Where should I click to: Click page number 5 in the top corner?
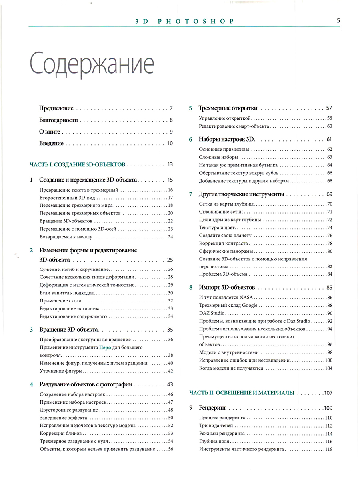point(338,21)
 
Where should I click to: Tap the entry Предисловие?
point(56,108)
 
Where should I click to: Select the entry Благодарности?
point(58,120)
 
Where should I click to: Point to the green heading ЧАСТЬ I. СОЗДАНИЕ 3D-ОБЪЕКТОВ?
point(78,164)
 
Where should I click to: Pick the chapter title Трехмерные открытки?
point(228,108)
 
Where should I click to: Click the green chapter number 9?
point(191,408)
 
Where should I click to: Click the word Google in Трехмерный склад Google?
point(250,305)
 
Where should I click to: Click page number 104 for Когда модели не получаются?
point(329,368)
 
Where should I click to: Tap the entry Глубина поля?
point(214,442)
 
